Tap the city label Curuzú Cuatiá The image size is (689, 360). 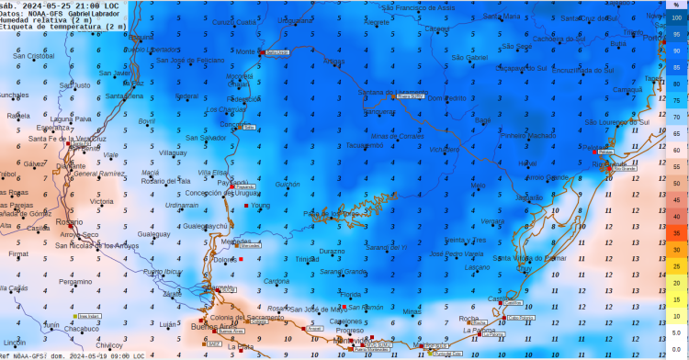coord(234,22)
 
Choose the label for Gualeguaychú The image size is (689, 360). coord(205,226)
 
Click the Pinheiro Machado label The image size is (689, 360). coord(528,135)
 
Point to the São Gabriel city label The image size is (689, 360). coord(469,57)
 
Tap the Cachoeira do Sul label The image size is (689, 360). coord(559,39)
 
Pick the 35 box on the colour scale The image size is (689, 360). coord(676,233)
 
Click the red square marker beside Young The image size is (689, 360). coord(245,206)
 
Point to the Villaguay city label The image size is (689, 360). coord(173,152)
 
